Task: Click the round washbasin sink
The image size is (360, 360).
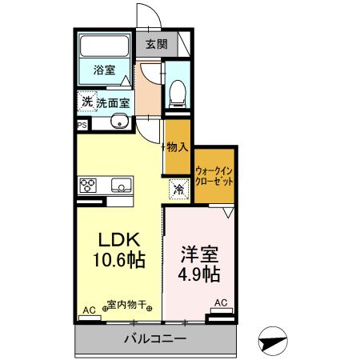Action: tap(118, 122)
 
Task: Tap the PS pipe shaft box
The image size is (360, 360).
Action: tap(82, 125)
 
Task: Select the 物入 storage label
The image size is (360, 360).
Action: tap(177, 147)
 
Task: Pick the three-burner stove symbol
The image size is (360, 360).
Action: tap(88, 186)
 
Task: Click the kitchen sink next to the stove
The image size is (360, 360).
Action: tap(121, 186)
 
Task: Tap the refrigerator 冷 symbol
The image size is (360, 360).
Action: tap(179, 190)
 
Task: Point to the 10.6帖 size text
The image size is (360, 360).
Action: tap(120, 260)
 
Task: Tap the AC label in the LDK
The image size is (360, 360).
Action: tap(89, 310)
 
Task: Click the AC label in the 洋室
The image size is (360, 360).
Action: tap(221, 302)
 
